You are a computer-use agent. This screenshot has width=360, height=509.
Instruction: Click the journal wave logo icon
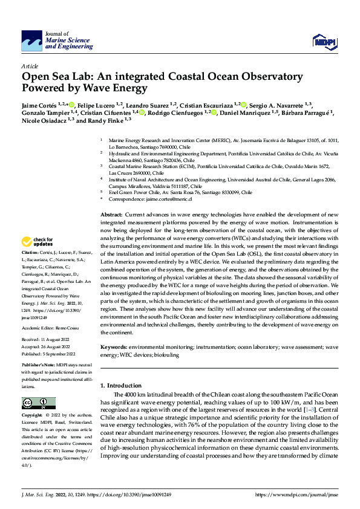point(32,42)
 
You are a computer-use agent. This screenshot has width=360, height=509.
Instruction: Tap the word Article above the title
point(30,66)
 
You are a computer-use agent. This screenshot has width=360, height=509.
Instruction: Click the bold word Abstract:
point(111,215)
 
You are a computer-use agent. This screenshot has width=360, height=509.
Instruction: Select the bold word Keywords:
point(113,348)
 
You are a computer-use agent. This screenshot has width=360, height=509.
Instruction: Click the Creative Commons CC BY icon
point(38,403)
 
